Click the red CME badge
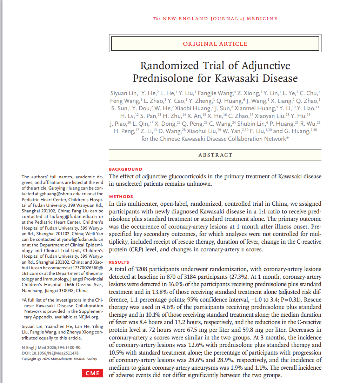[x=93, y=374]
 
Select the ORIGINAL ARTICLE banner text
[x=215, y=44]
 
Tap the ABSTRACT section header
[x=215, y=155]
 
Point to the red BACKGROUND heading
[x=126, y=169]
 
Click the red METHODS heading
[x=121, y=197]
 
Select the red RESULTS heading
[x=119, y=262]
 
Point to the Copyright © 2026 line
[x=59, y=359]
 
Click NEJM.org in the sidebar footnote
[x=89, y=317]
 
